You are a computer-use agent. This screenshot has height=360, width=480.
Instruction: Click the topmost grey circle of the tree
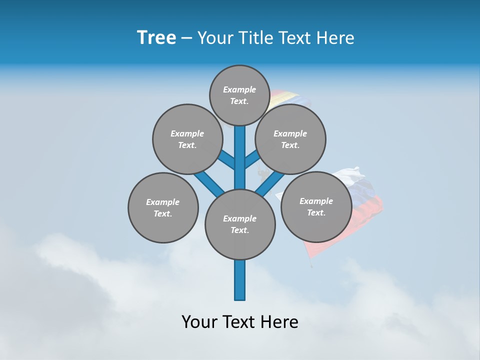(x=239, y=95)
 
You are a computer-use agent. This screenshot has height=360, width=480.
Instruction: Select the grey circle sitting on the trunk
(x=240, y=224)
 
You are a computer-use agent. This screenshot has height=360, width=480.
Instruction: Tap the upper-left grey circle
(x=187, y=139)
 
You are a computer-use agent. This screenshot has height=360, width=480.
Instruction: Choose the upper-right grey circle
(x=290, y=139)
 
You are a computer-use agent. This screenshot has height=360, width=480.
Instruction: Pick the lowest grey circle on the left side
(x=163, y=207)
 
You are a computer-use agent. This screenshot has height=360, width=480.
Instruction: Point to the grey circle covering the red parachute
(x=316, y=206)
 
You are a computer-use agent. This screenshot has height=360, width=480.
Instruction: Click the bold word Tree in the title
(x=156, y=37)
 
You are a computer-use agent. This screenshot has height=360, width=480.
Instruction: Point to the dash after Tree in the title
(x=186, y=37)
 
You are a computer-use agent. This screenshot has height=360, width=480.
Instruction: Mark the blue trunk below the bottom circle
(x=240, y=280)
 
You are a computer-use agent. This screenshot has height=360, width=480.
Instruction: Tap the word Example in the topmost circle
(x=239, y=90)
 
